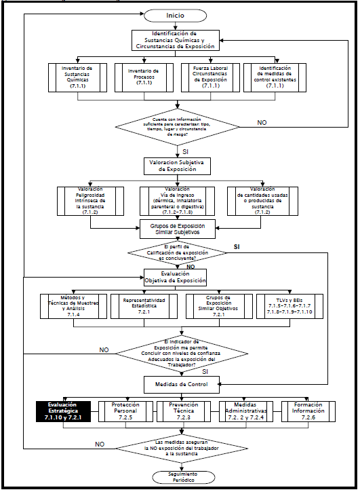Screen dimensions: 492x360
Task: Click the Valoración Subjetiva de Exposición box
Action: tap(179, 165)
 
